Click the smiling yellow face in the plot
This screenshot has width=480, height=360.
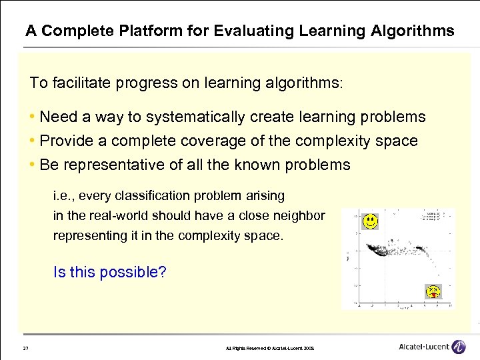pyautogui.click(x=371, y=220)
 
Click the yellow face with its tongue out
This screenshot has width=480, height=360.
pyautogui.click(x=434, y=291)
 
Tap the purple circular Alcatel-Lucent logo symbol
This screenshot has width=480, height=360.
pyautogui.click(x=459, y=347)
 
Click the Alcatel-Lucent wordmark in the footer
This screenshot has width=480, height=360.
pyautogui.click(x=423, y=347)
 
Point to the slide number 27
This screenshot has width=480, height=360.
pyautogui.click(x=25, y=348)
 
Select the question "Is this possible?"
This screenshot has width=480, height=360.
pyautogui.click(x=109, y=272)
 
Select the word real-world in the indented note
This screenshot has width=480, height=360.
pyautogui.click(x=115, y=216)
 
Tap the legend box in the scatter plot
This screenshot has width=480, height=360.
pyautogui.click(x=433, y=217)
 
